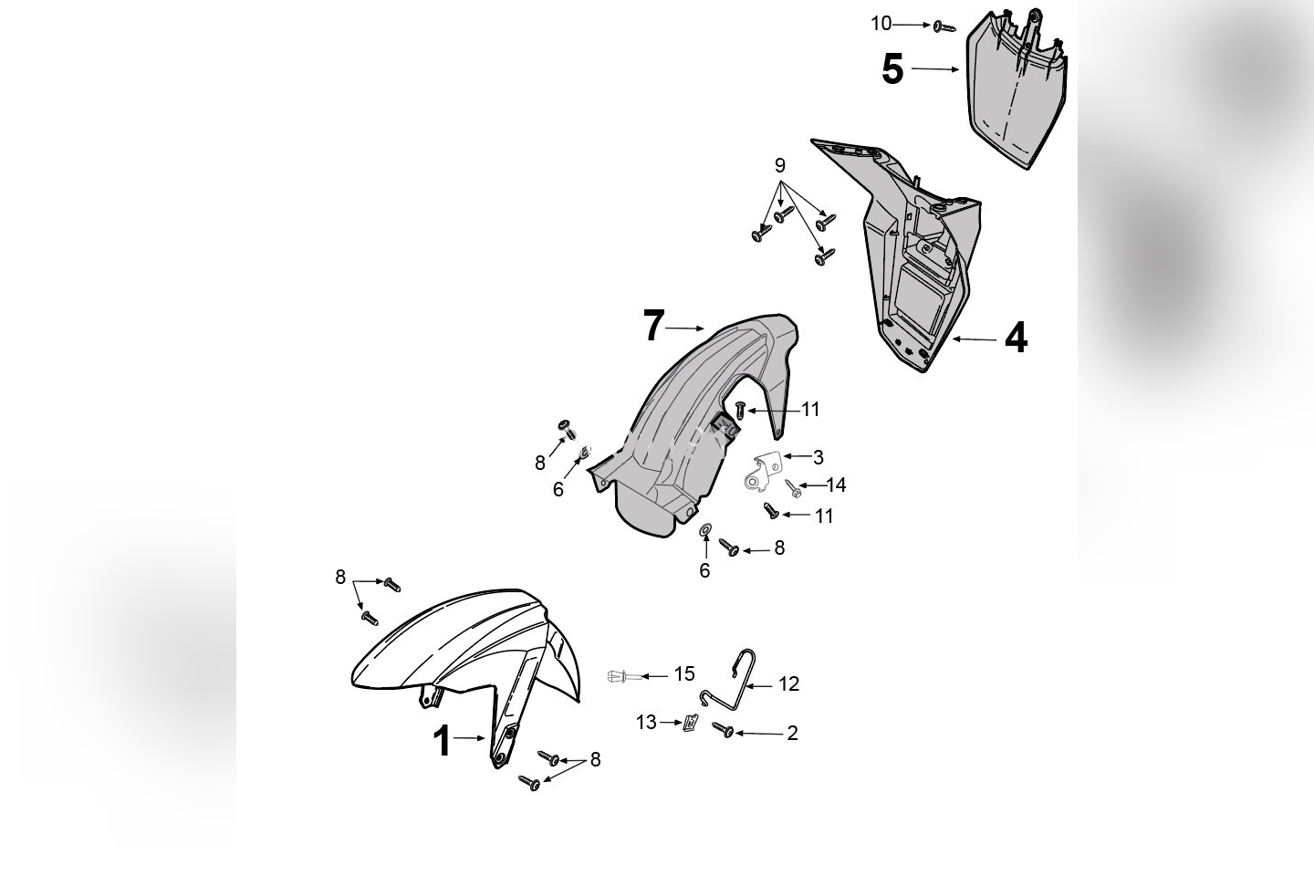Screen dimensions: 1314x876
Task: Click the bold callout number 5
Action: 892,70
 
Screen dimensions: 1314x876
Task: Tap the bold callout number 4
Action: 1016,338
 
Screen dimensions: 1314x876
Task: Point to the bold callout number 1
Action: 442,741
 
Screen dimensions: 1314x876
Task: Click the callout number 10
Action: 881,24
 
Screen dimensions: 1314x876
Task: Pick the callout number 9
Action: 779,165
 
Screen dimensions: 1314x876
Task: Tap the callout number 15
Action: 684,674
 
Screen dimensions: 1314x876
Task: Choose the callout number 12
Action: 788,683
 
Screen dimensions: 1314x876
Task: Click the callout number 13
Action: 646,723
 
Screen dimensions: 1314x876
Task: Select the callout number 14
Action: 836,485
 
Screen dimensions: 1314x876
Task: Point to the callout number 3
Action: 818,457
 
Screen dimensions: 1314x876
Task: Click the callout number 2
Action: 792,733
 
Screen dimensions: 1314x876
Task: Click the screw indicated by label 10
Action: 944,27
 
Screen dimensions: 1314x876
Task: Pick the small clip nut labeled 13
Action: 691,724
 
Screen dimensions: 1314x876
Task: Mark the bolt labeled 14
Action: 793,488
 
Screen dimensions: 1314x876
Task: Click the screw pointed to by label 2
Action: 723,729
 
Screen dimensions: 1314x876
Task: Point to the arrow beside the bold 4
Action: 975,339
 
